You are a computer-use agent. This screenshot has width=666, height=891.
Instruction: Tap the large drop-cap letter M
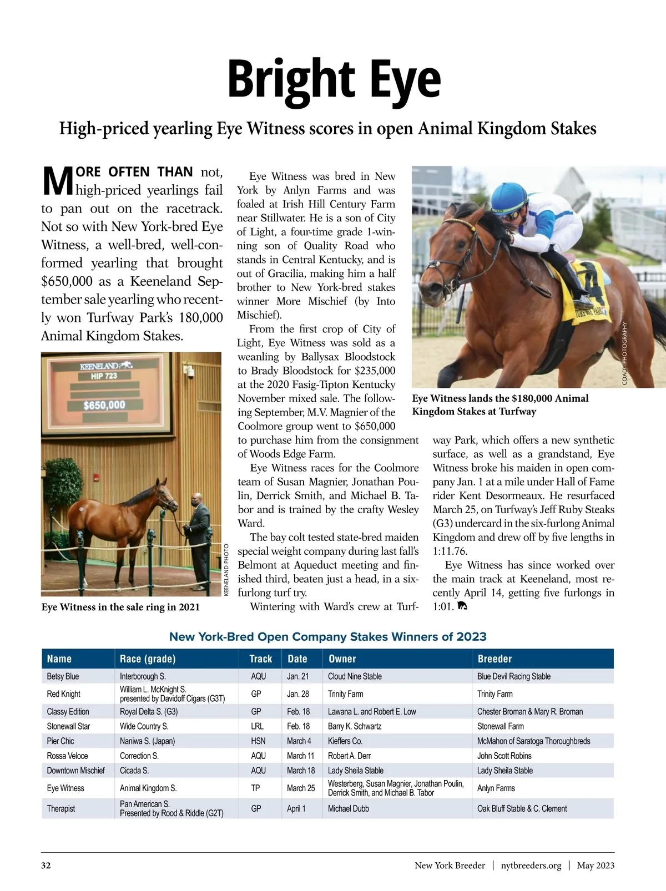tap(58, 181)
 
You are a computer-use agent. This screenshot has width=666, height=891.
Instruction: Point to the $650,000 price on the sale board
tap(104, 405)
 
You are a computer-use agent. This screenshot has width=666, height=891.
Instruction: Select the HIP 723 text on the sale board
tap(104, 376)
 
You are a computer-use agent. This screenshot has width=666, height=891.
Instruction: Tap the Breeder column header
tap(495, 659)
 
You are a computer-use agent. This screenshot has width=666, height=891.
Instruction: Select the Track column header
tap(260, 659)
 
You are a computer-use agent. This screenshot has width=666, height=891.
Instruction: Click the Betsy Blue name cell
tap(63, 676)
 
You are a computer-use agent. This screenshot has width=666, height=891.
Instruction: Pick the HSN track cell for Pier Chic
tap(258, 741)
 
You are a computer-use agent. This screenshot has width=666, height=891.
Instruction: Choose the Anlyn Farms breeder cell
tap(496, 788)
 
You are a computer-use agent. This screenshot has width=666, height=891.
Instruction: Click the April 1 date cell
tap(296, 808)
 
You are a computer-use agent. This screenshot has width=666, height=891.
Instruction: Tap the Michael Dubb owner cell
tap(348, 808)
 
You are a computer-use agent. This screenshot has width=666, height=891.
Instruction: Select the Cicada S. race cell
tap(134, 770)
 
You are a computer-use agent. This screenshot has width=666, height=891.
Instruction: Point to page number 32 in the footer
tap(46, 865)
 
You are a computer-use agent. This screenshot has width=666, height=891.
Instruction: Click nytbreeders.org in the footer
tap(531, 865)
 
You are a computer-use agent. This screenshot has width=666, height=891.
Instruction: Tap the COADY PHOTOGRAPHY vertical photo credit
tap(624, 353)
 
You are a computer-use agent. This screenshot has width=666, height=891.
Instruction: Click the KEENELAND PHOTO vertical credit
tap(226, 570)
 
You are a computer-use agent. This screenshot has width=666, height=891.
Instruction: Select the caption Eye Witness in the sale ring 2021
tap(120, 607)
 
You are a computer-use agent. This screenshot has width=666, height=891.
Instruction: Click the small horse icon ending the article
tap(462, 606)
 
